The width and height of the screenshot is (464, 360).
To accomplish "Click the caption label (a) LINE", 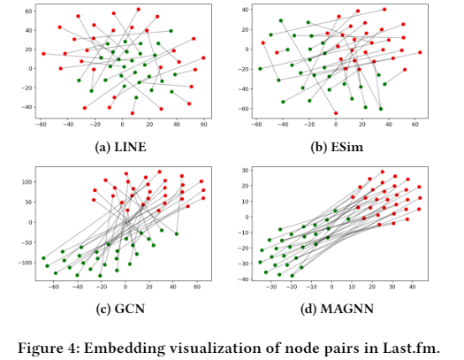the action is [120, 147].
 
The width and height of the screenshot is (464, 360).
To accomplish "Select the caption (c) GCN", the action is [120, 309].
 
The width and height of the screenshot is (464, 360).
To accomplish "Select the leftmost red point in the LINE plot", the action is [44, 54].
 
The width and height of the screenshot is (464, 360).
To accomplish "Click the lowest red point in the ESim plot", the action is [336, 113].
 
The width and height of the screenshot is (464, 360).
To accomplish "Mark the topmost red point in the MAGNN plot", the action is [383, 172].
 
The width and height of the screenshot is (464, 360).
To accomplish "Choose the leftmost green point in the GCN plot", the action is [44, 258].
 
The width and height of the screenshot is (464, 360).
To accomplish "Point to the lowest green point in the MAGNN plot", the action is [292, 276].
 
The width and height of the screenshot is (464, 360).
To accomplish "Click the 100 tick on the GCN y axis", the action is [27, 182].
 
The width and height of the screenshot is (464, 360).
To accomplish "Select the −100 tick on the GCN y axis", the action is [26, 263].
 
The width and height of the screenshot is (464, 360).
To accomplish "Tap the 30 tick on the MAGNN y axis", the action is [246, 170].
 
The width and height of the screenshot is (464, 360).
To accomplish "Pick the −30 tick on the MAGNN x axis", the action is [271, 287].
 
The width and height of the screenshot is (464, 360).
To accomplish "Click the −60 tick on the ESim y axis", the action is [244, 109].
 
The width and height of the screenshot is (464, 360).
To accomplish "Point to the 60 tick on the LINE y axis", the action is [29, 11].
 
